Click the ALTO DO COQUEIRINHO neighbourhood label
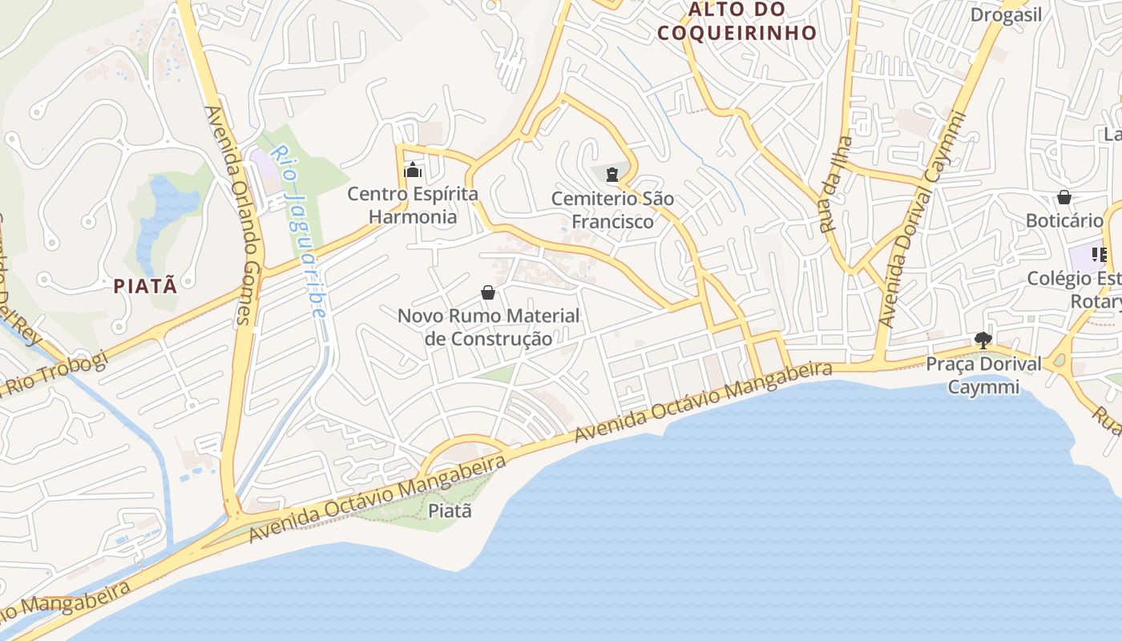click(736, 21)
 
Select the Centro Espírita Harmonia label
click(413, 205)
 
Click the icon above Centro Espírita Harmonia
click(413, 170)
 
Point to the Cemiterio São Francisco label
click(613, 210)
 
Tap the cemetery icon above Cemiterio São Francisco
click(613, 173)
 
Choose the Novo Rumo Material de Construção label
click(488, 327)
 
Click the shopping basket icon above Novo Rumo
click(488, 292)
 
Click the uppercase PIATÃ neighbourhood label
click(145, 285)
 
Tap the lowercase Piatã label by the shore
click(450, 510)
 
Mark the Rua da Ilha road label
click(834, 183)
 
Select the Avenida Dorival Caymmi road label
click(922, 220)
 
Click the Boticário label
click(1064, 220)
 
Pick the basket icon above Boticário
click(1064, 197)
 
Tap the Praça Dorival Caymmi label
click(983, 375)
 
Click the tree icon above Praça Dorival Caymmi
click(983, 341)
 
